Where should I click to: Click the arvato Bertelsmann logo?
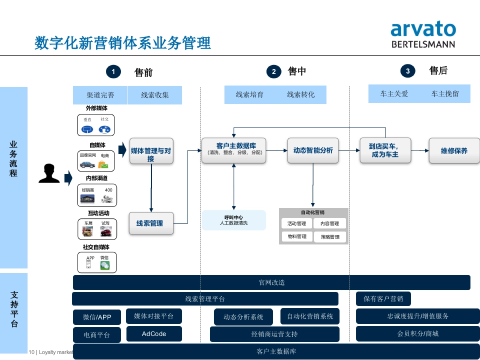click(x=423, y=35)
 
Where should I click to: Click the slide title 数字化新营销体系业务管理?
click(x=122, y=43)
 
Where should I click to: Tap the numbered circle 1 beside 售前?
click(x=113, y=72)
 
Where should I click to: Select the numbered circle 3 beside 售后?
click(x=408, y=71)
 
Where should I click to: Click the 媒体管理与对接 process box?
click(x=151, y=151)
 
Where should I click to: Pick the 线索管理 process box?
click(x=151, y=223)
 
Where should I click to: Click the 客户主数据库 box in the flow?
click(x=234, y=150)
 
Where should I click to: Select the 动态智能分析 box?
click(x=313, y=150)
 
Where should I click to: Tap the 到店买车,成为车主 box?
click(x=385, y=150)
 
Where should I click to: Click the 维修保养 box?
click(x=454, y=151)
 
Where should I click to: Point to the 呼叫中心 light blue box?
click(x=234, y=220)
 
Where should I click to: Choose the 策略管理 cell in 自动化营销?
click(x=330, y=237)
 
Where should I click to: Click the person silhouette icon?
click(x=49, y=174)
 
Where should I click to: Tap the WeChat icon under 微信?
click(x=104, y=265)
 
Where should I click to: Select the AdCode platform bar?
click(x=154, y=334)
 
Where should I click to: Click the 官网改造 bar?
click(x=272, y=282)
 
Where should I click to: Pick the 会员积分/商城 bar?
click(x=418, y=334)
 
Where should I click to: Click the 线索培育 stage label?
click(x=250, y=95)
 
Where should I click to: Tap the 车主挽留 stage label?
click(x=445, y=94)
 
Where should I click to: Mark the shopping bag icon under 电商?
click(x=103, y=164)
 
